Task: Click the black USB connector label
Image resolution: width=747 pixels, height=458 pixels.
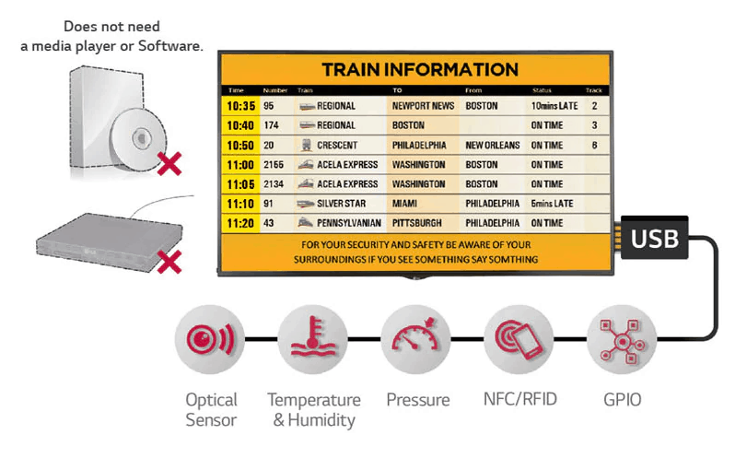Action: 654,240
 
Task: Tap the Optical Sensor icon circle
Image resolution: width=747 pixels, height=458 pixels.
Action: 210,339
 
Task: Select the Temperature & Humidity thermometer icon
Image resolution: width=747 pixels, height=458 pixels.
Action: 312,339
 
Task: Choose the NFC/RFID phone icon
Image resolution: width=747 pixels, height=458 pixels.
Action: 519,339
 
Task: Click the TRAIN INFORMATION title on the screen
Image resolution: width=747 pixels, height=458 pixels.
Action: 420,70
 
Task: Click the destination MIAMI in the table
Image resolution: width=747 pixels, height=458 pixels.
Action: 405,204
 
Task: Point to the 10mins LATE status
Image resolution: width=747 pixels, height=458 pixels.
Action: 554,106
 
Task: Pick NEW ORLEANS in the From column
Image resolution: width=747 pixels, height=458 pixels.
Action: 493,146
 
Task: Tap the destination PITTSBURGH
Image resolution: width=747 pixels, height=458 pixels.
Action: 417,223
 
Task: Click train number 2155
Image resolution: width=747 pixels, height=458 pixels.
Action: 274,165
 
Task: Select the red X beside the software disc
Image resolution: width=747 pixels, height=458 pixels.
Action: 169,165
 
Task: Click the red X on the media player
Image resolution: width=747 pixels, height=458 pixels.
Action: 169,264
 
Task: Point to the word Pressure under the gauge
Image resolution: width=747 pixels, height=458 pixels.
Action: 417,400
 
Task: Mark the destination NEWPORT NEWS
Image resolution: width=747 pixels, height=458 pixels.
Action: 423,106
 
